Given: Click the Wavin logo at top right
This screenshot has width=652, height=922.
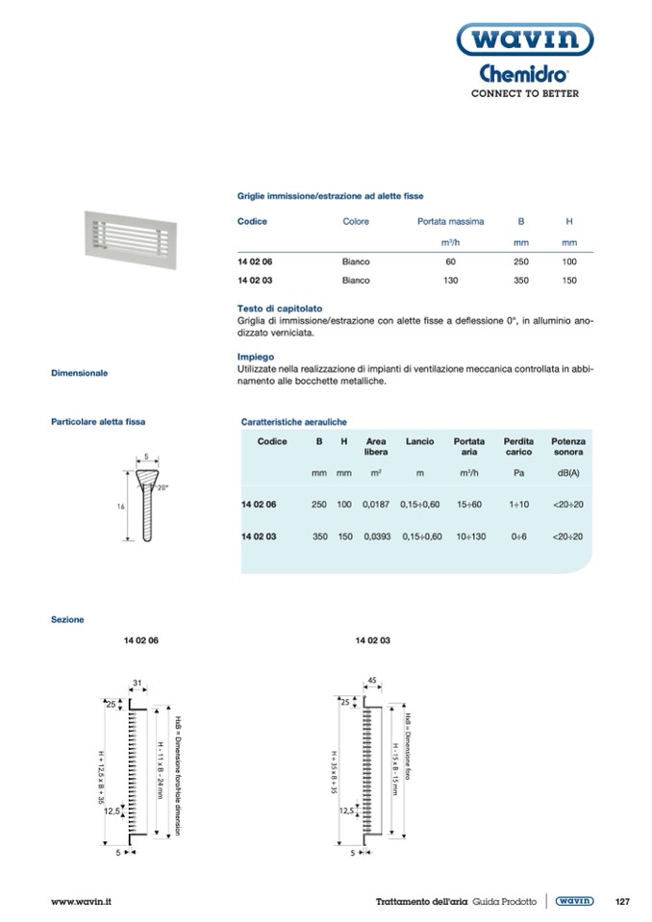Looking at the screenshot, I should pos(523,39).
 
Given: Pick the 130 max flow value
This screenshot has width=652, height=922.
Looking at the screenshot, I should pos(449,280).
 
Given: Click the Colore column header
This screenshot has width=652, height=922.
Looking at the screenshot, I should pos(356,221).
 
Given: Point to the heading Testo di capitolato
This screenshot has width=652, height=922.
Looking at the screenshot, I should pos(270,308).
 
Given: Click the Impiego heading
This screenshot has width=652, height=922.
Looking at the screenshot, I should pos(255,356).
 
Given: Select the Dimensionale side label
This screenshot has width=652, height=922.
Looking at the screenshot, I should pos(80,372).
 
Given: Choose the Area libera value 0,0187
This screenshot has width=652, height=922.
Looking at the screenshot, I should pos(377,505).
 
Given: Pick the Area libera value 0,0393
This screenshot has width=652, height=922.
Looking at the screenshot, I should pos(377,536).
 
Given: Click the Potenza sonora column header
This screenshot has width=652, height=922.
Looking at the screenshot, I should pos(568,446).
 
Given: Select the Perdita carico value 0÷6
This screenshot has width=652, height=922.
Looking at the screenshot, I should pos(518,536).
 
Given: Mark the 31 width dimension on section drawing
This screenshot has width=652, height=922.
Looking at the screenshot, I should pos(138,684).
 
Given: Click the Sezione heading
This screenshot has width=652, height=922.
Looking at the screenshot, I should pos(67,620).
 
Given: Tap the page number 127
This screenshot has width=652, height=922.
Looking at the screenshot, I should pos(621,901).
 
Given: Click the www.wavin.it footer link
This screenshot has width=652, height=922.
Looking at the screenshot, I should pos(82,901).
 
